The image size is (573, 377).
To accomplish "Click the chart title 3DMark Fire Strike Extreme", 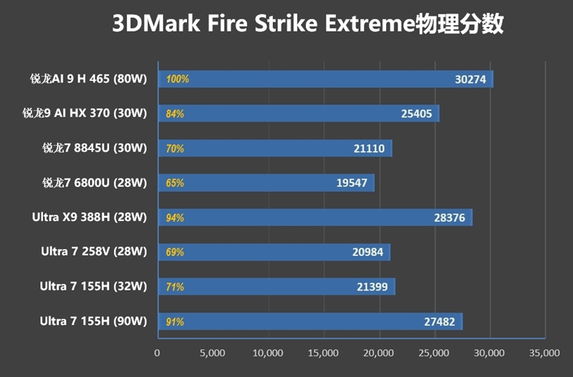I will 308,24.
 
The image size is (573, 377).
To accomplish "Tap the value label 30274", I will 470,79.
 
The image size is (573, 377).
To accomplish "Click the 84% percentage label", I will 175,114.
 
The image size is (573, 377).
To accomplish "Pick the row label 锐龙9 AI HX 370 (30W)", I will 85,114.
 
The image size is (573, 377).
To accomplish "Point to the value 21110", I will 369,149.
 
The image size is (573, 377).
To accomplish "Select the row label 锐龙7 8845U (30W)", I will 95,149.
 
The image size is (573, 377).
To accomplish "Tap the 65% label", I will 175,183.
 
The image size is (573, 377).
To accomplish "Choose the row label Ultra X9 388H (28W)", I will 90,217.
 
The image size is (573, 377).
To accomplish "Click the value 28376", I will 449,217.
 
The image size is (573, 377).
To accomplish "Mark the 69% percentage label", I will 175,252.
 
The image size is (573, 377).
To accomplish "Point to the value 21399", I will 372,287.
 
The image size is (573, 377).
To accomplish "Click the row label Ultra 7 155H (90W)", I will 94,321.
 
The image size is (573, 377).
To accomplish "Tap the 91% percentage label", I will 175,321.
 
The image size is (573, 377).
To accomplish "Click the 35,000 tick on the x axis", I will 544,353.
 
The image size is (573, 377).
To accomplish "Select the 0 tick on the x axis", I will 158,353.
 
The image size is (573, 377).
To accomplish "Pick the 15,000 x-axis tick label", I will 323,353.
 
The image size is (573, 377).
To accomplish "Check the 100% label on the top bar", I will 177,79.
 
